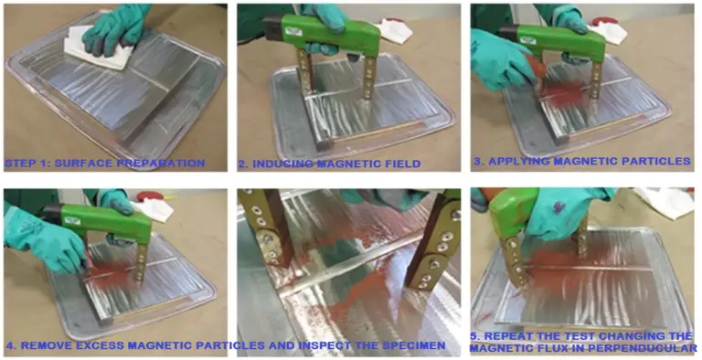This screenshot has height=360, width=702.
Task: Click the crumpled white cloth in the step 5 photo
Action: click(x=666, y=200)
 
